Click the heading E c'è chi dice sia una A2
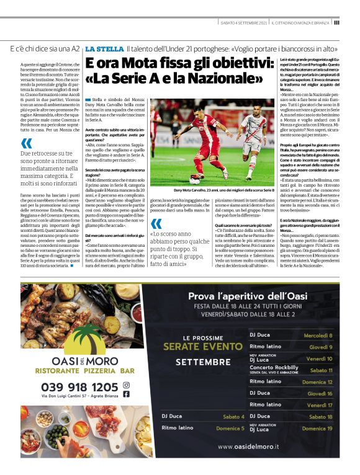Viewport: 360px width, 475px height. [45, 48]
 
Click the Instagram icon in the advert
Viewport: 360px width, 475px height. [126, 384]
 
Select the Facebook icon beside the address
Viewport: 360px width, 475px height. [126, 394]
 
